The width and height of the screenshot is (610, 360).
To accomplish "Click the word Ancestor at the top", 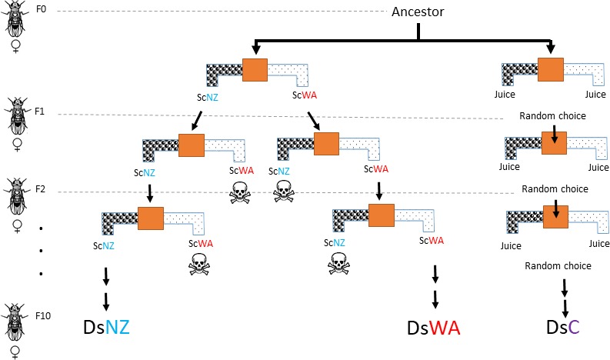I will (418, 12).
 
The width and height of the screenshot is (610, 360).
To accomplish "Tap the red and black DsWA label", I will (433, 329).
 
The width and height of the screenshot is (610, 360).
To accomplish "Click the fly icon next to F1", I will (16, 116).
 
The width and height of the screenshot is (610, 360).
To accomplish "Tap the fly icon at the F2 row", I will (16, 199).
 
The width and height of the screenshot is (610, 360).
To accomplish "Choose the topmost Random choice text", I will (553, 115).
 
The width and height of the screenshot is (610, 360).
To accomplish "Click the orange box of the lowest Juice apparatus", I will (553, 218).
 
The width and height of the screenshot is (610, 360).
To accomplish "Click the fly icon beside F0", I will (16, 23).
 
